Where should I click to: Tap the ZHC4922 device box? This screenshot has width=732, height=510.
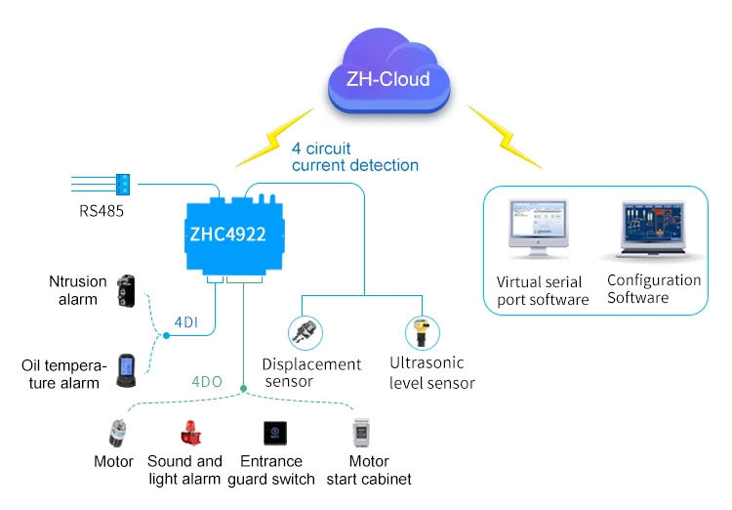(234, 234)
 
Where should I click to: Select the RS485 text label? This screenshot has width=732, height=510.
(102, 209)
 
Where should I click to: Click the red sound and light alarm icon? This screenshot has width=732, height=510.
(187, 433)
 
